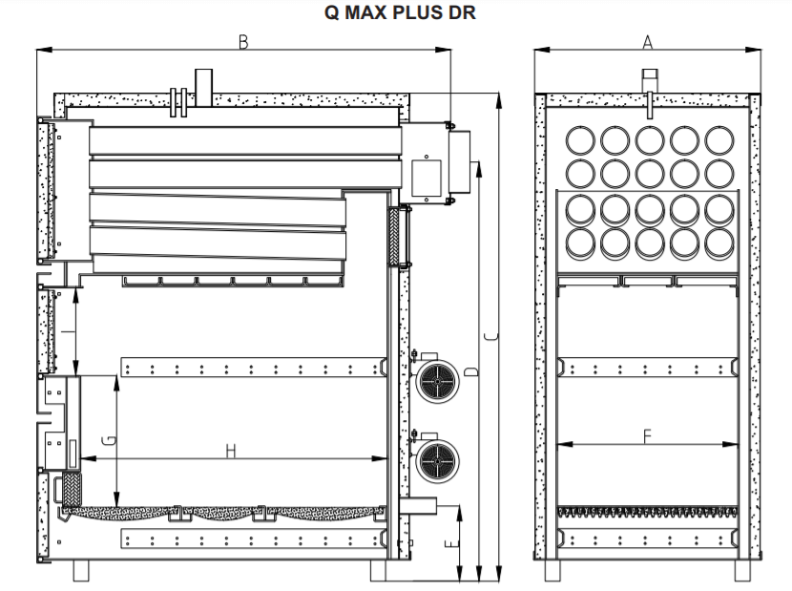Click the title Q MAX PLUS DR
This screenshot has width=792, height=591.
point(397,13)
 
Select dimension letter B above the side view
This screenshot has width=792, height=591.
point(244,43)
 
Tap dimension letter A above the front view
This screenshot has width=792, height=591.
point(647,42)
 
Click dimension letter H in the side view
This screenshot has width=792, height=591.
point(231,451)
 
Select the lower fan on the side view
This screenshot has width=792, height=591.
point(437,458)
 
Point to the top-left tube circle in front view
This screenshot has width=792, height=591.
point(578,139)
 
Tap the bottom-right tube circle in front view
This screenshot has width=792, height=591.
point(719,240)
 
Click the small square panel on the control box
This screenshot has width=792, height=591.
point(424,176)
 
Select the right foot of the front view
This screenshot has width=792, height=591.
point(740,570)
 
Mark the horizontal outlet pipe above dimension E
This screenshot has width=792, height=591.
point(418,505)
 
